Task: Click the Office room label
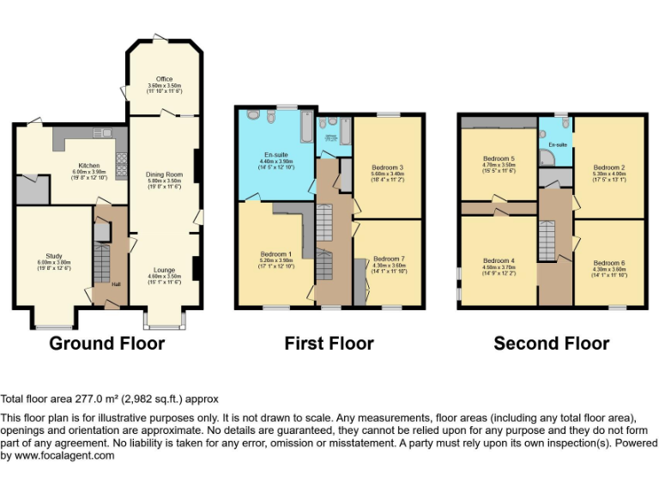(164, 79)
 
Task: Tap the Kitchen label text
(88, 165)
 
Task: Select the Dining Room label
(164, 174)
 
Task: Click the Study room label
(53, 255)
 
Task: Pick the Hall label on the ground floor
(116, 284)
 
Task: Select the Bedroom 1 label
(276, 254)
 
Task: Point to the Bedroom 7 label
(388, 259)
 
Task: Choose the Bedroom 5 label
(499, 159)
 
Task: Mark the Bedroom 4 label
(499, 260)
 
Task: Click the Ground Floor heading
(106, 344)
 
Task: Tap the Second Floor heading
(551, 344)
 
